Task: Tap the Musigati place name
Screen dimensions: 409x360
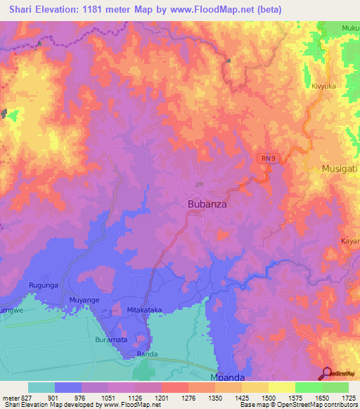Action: [340, 169]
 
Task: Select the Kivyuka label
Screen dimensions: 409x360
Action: [325, 86]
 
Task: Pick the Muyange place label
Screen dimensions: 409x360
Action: [84, 300]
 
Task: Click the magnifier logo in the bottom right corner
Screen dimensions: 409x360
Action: [328, 373]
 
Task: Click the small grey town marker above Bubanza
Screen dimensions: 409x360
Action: [200, 184]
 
